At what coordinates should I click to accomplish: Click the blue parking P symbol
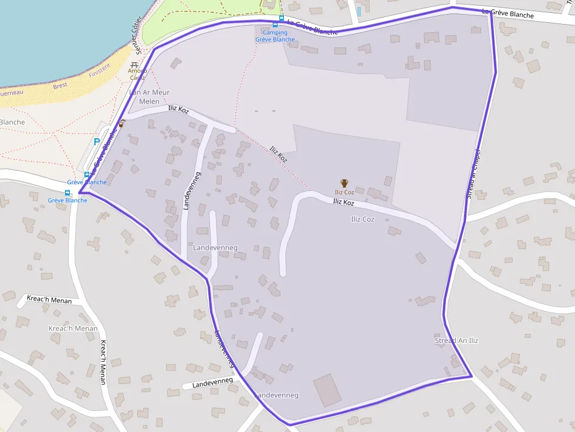(97, 142)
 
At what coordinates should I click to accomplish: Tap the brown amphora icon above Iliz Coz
(344, 183)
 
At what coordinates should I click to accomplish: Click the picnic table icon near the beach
(135, 64)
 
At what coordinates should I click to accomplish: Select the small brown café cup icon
(121, 124)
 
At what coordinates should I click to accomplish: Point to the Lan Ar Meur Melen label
(149, 97)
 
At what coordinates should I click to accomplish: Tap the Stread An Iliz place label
(456, 341)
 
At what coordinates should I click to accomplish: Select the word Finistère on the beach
(99, 70)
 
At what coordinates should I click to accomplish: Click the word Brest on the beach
(60, 86)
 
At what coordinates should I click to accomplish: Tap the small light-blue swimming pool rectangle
(358, 11)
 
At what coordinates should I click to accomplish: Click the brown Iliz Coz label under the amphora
(344, 192)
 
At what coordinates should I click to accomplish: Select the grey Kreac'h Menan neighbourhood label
(73, 328)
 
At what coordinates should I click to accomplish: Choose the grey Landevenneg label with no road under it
(215, 248)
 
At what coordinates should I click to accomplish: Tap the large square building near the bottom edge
(327, 390)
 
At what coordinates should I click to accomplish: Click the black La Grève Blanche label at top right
(508, 13)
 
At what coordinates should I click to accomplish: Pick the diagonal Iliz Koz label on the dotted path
(278, 154)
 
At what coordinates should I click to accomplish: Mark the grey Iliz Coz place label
(362, 219)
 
